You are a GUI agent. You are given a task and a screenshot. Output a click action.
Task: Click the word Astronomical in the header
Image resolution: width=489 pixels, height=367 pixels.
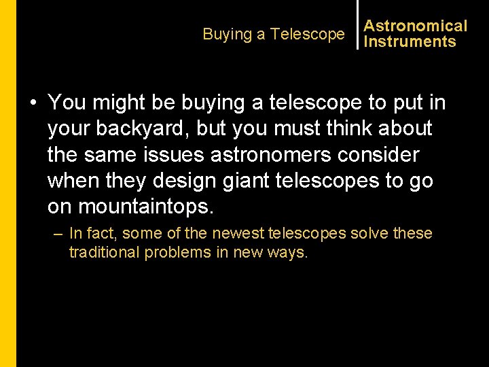[x=416, y=26]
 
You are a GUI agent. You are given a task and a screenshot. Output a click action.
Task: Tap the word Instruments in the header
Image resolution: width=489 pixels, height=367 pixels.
[x=410, y=41]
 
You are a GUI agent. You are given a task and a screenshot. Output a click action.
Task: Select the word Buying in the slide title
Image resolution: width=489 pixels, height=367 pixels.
[x=226, y=34]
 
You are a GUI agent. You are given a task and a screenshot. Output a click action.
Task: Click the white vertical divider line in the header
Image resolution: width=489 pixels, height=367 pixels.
[x=357, y=24]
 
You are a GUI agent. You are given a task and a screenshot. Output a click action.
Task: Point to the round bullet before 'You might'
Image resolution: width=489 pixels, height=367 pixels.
[x=33, y=103]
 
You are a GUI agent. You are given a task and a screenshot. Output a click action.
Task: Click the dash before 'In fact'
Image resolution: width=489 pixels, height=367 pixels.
[x=59, y=234]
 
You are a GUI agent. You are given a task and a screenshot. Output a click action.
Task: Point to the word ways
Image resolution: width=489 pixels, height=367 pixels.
[x=290, y=252]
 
